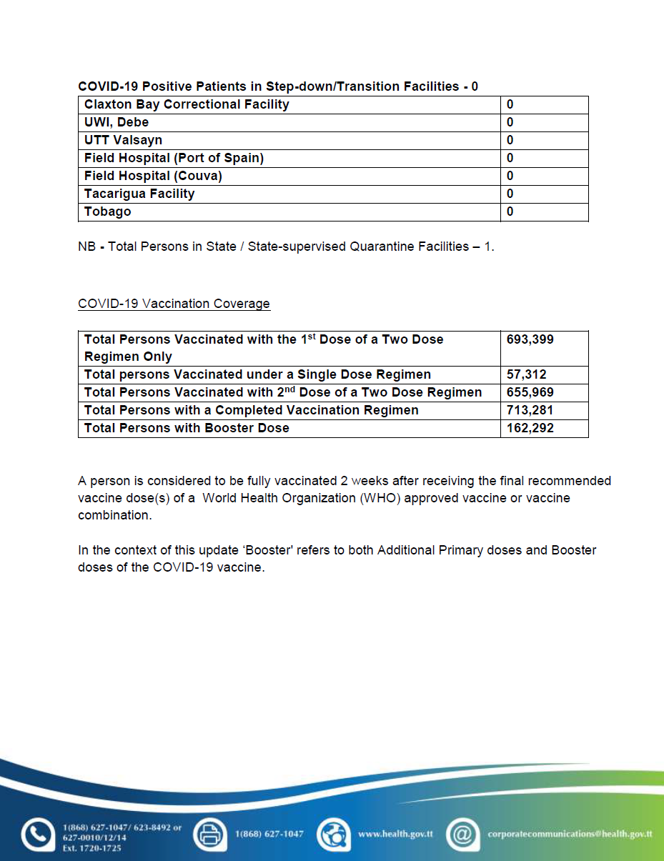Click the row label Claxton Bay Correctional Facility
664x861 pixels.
pos(187,104)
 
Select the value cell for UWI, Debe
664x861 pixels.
pos(544,122)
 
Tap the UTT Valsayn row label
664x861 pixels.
pos(123,140)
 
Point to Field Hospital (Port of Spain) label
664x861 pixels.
pos(174,158)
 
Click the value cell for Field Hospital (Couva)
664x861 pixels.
pos(544,176)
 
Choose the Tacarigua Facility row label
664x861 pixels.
pos(139,194)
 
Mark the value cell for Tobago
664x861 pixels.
pos(544,211)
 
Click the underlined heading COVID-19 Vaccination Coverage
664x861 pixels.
pos(174,304)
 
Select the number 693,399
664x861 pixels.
pos(530,339)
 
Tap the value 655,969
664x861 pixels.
pos(530,392)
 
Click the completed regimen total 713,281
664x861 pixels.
pos(530,410)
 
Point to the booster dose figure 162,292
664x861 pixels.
pos(530,428)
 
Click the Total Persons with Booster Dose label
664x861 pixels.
pos(187,428)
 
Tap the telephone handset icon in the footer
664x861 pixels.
pos(36,834)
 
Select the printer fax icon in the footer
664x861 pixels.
pos(209,834)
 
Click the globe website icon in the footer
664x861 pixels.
pos(334,834)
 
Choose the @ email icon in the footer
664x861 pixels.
pos(463,834)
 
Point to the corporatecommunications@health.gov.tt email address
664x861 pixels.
pos(570,834)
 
